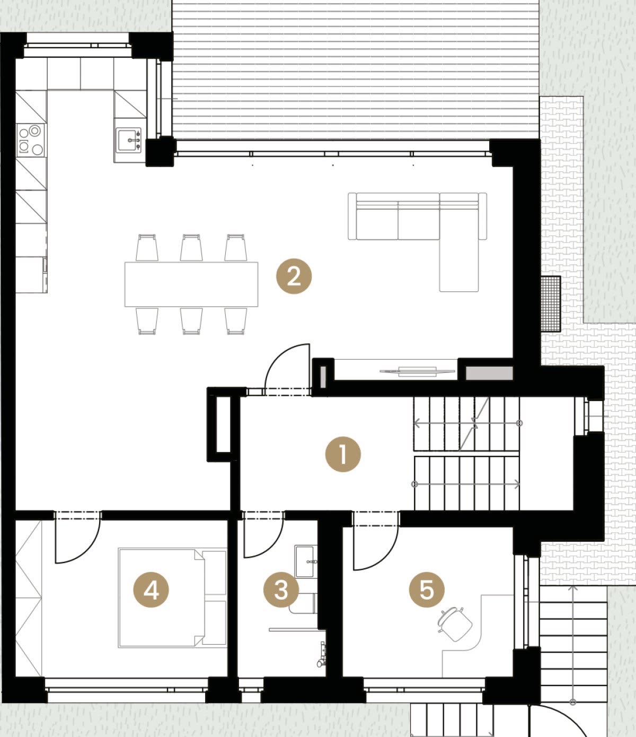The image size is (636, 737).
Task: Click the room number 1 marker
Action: (343, 454)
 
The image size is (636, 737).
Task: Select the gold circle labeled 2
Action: (294, 276)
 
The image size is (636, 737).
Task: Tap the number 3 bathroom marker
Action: (281, 589)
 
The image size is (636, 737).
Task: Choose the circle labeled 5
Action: (427, 589)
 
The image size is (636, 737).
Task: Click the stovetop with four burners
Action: (31, 140)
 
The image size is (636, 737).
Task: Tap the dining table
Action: (191, 284)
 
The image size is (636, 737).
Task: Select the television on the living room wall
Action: (417, 371)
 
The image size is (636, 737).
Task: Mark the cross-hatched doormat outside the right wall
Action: (550, 304)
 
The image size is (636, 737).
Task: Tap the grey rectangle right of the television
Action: (489, 373)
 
